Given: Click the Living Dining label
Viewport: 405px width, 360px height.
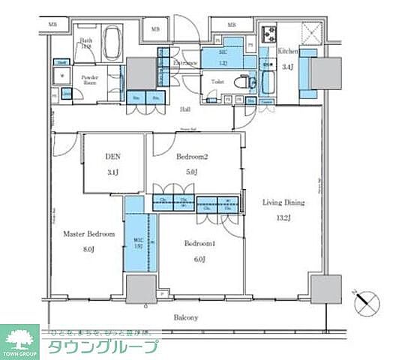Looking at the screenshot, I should (283, 202).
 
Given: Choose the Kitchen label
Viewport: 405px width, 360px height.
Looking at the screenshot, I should (289, 51).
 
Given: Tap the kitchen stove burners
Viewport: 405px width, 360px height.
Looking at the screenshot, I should (268, 34).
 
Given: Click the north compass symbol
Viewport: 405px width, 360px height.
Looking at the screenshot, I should (368, 303).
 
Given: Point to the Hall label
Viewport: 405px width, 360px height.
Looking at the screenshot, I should (184, 109).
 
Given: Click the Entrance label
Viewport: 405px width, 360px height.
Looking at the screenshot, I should (184, 63).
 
